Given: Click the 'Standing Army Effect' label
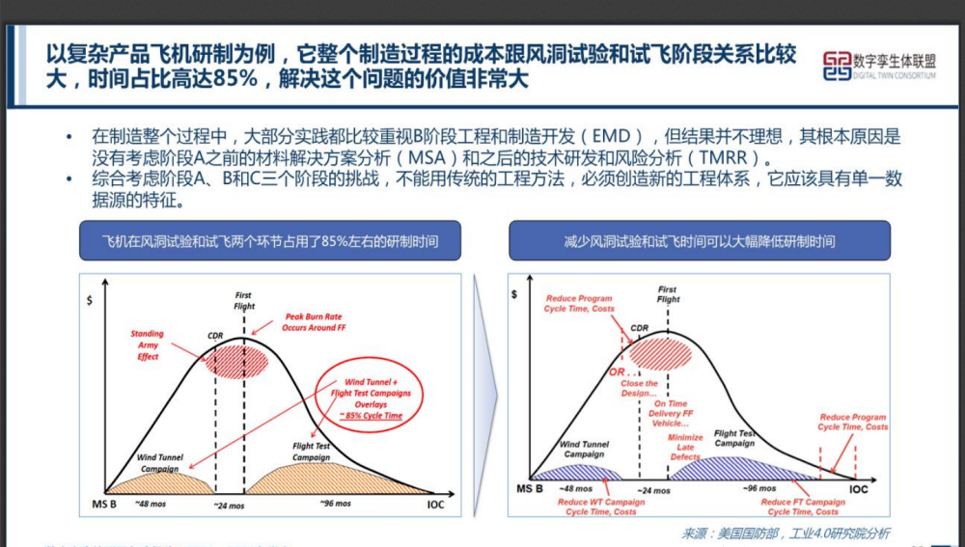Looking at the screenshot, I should tap(148, 344).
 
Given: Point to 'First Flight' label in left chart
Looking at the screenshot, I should tap(244, 300).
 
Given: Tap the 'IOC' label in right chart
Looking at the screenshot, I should tap(858, 489).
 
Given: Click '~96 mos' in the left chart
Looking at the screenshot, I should tap(335, 503).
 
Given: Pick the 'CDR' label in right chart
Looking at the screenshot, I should tap(639, 328).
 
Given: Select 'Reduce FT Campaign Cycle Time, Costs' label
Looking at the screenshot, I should tap(803, 506).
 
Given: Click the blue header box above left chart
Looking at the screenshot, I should tap(270, 240).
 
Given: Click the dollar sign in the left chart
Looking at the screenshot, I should tap(90, 301).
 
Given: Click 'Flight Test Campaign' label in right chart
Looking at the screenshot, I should tap(734, 438).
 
